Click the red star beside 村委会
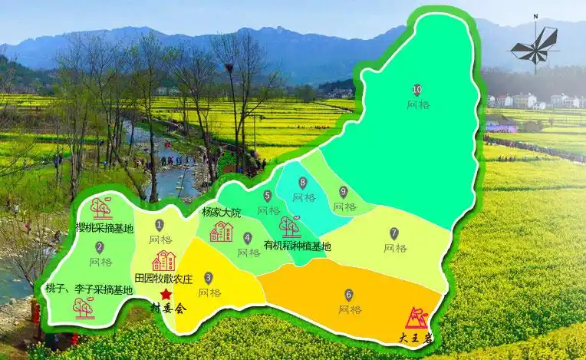tap(166, 295)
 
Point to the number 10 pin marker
tap(417, 90)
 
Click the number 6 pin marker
tap(349, 294)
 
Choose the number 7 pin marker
tap(394, 233)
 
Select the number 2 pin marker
tap(100, 247)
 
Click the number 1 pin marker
tap(160, 225)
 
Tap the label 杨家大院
tap(221, 212)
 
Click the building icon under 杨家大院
tap(221, 231)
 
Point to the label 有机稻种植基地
tap(297, 246)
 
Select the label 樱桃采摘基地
tap(104, 228)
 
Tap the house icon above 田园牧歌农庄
tap(163, 260)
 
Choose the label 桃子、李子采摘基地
tap(89, 289)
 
